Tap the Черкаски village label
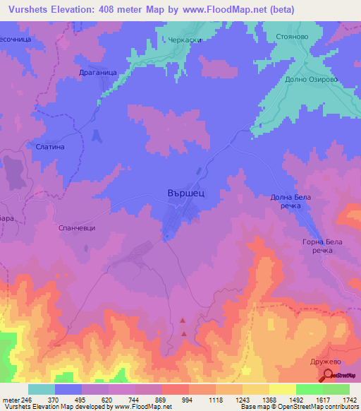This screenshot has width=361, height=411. pos(185,40)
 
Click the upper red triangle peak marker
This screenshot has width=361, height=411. pos(184,321)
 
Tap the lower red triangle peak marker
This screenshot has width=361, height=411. pos(184,333)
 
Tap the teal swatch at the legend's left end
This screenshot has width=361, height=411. pos(41,389)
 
